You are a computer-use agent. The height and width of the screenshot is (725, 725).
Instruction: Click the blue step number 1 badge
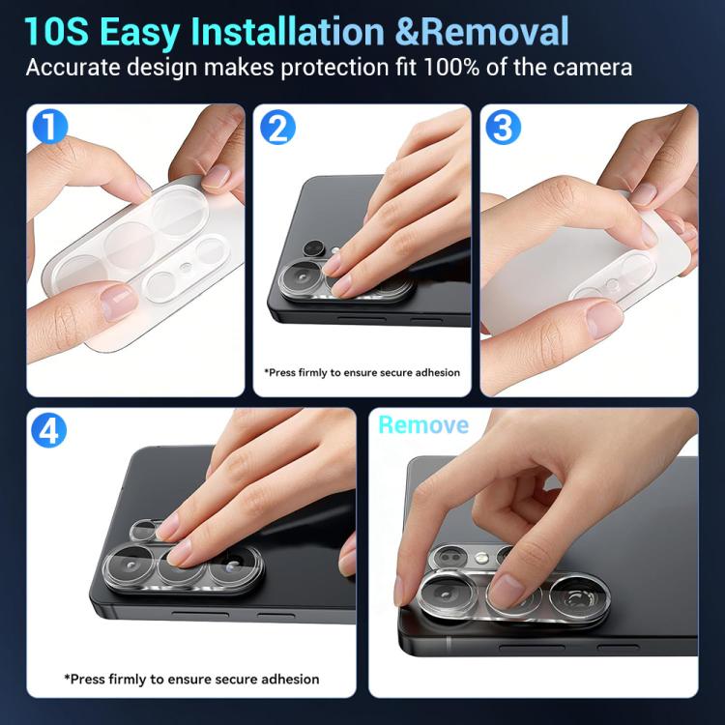click(x=50, y=126)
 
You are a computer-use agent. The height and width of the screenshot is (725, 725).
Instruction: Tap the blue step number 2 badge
click(x=277, y=127)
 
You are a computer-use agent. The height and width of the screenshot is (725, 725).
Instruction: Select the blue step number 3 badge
click(x=503, y=127)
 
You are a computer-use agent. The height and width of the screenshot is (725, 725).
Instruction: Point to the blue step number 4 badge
click(x=48, y=430)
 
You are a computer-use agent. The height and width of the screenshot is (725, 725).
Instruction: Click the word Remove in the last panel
click(x=423, y=425)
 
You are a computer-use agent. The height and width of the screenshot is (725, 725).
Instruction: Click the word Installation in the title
click(x=287, y=32)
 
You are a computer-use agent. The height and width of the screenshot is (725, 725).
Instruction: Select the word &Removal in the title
click(x=482, y=32)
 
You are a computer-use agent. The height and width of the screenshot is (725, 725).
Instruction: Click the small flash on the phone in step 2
click(x=335, y=250)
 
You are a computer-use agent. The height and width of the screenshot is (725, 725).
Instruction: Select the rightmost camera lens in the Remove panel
click(x=580, y=598)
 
